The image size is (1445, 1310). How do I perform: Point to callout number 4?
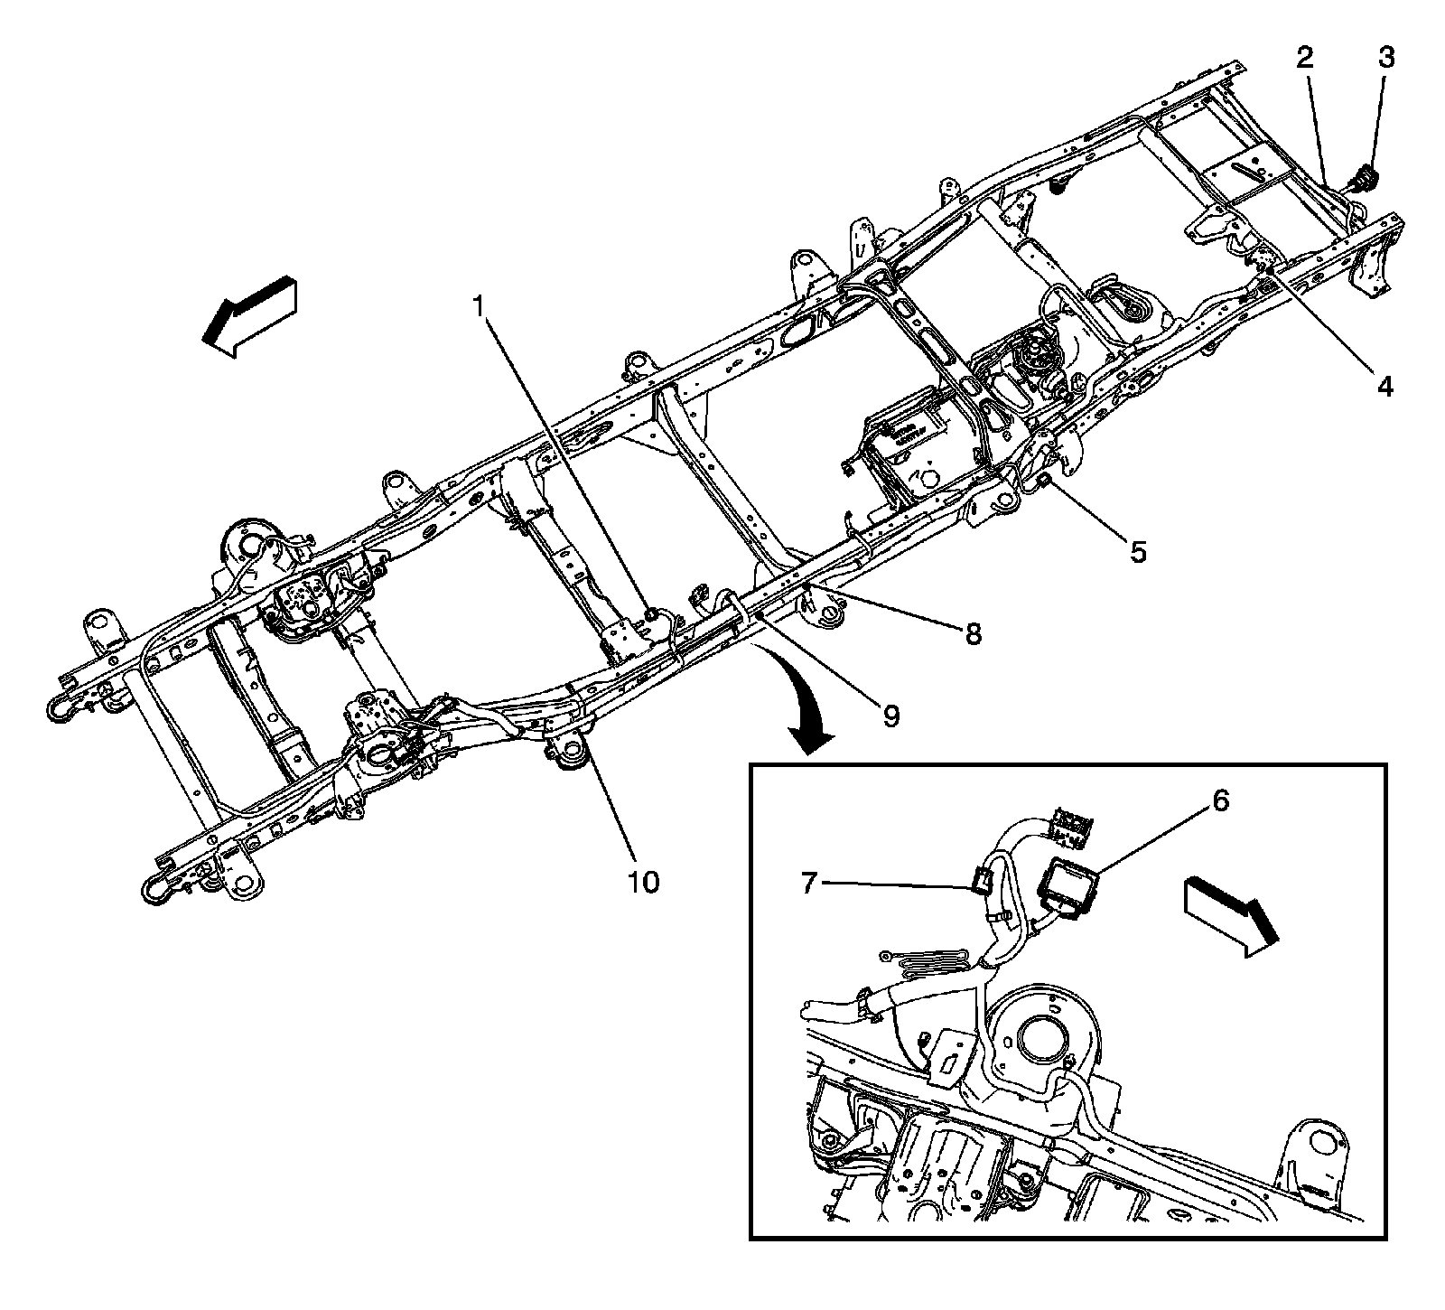[x=1384, y=387]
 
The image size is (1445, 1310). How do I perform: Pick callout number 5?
[x=1138, y=550]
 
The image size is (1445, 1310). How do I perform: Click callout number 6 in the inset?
[x=1219, y=801]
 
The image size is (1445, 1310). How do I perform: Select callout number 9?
[x=890, y=716]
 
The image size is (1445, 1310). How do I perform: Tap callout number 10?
[x=644, y=880]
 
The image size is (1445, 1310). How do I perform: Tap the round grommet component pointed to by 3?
[x=1366, y=177]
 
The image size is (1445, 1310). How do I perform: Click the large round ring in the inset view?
[x=1043, y=1037]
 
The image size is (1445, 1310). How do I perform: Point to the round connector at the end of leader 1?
[x=650, y=614]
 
